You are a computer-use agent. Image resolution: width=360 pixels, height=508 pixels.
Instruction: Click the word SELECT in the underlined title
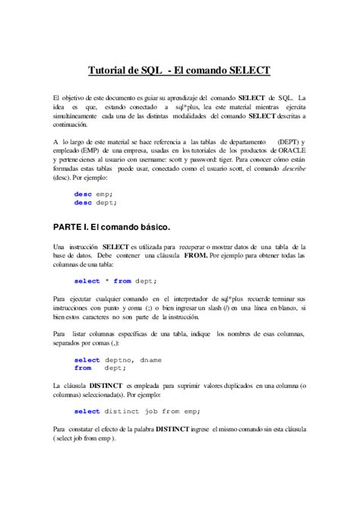pos(245,70)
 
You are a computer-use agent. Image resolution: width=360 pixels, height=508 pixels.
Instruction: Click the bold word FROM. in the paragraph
pos(196,256)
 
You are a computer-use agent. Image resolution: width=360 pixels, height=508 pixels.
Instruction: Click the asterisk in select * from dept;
pos(106,281)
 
